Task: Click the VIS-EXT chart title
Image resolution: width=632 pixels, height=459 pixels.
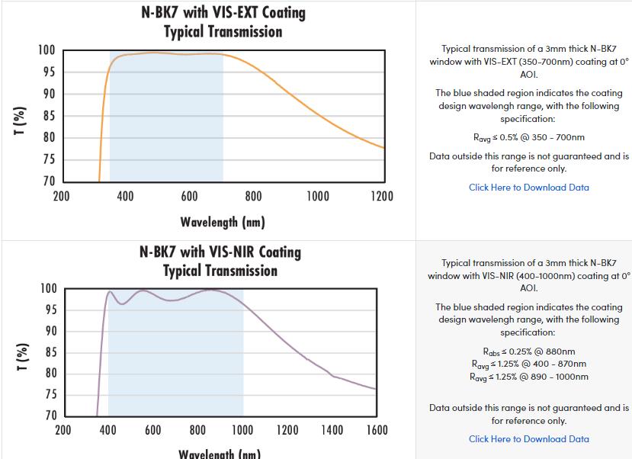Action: tap(223, 22)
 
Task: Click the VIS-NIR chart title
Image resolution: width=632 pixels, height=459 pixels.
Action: tap(220, 261)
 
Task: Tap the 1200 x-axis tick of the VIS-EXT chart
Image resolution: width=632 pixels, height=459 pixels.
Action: tap(382, 197)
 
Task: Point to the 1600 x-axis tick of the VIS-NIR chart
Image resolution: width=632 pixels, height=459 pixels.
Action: tap(377, 431)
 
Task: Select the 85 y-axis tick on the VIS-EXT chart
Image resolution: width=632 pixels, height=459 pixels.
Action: tap(47, 116)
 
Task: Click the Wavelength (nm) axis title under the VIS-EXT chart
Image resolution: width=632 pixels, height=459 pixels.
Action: tap(223, 223)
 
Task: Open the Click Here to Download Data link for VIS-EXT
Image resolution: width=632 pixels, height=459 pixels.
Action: tap(528, 188)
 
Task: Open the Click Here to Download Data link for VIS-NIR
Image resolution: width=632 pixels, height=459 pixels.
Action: tap(528, 439)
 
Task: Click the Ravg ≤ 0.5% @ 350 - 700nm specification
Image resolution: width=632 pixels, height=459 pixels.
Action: tap(528, 138)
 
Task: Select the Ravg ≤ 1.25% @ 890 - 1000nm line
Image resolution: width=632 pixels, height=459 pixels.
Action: tap(528, 377)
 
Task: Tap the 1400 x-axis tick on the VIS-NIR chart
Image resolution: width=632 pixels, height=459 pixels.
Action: tap(332, 431)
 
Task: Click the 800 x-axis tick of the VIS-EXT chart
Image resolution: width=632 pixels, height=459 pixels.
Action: tap(254, 197)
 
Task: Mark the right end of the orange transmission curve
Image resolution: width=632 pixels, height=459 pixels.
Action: tap(383, 147)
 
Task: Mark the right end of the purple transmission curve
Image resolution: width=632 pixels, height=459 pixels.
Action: tap(376, 389)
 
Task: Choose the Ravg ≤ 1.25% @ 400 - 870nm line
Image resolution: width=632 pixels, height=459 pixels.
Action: tap(528, 364)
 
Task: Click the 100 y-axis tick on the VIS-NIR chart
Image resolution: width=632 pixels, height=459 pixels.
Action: tap(48, 289)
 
